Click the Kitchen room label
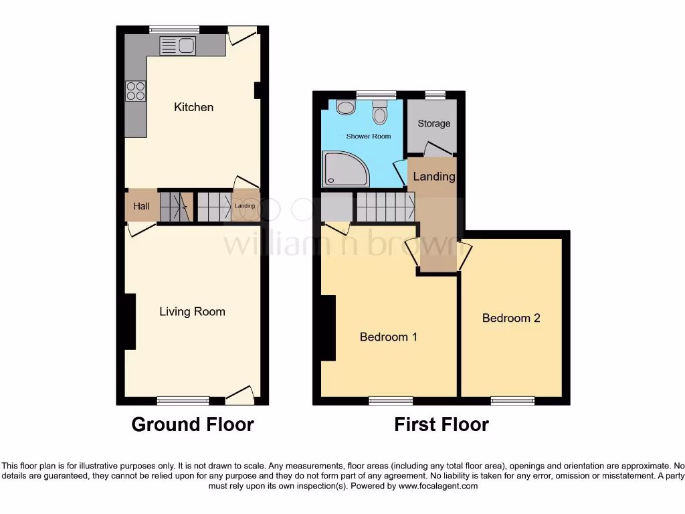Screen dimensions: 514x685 [193, 107]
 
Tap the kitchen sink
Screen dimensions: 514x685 [177, 46]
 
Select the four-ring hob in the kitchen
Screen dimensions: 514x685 [136, 90]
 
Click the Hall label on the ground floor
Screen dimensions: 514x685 [141, 206]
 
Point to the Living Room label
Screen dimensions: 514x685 [192, 311]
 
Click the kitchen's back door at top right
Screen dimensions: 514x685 [242, 35]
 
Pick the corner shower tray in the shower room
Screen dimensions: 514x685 [345, 168]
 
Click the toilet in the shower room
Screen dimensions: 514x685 [380, 112]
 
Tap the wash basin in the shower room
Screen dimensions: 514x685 [346, 107]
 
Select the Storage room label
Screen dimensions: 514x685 [433, 124]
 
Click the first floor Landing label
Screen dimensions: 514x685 [433, 177]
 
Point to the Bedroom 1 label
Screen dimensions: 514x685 [388, 337]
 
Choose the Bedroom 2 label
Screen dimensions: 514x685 [511, 318]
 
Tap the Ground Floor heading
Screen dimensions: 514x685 [193, 424]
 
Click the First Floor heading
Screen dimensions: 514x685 [441, 424]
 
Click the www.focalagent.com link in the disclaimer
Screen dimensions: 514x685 [437, 486]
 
